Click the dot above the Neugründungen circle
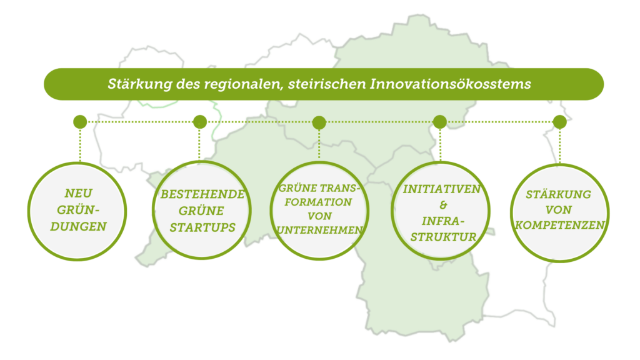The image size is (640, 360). (80, 122)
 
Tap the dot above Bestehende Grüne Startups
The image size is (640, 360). (199, 122)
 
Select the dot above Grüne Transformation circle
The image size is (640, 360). (319, 122)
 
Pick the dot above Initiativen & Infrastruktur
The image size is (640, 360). (439, 122)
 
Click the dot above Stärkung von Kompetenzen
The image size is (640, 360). (559, 122)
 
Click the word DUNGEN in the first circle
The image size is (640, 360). (78, 226)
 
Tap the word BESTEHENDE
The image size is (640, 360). (202, 194)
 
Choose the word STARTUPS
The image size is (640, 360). (202, 227)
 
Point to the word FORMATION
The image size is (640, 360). (318, 202)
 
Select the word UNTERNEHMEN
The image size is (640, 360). (319, 230)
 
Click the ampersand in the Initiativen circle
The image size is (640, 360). (443, 205)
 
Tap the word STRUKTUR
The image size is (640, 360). (443, 237)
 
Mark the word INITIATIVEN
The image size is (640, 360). (442, 189)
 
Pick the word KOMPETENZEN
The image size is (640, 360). (559, 225)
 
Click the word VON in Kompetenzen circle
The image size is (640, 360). (558, 210)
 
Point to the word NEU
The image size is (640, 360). (79, 193)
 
